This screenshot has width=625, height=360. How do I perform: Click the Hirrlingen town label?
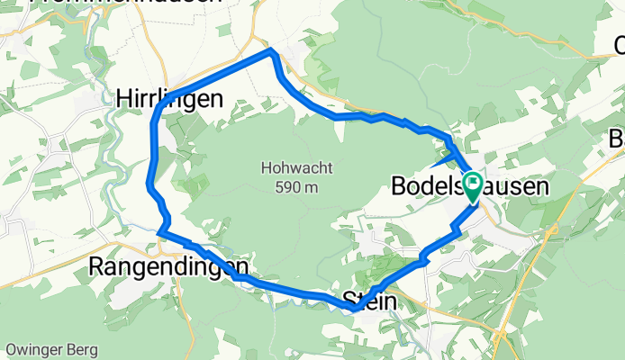coord(168,100)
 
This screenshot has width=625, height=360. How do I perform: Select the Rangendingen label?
coord(169,266)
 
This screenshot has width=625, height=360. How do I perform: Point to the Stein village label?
coord(369,301)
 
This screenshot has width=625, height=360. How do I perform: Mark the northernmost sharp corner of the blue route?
coord(270,51)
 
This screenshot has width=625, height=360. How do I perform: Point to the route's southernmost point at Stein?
coord(353,309)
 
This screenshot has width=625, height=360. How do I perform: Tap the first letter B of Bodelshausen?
coord(400,187)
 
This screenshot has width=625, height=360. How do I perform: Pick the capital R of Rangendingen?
coord(97,266)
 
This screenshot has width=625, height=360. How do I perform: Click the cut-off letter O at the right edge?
coord(620,45)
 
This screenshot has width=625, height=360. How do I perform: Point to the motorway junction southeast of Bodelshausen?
coord(547,232)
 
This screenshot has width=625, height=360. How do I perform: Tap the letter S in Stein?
coord(349,301)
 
